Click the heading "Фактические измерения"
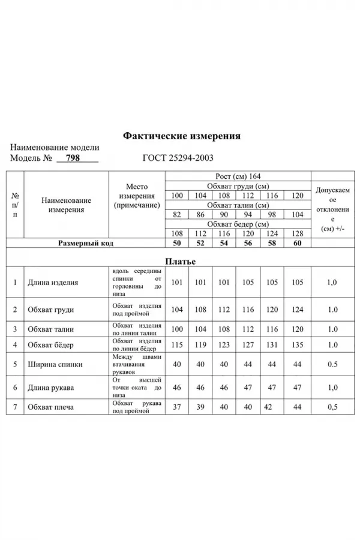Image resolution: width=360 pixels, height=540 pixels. pyautogui.click(x=181, y=136)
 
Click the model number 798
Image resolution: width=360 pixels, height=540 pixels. pyautogui.click(x=73, y=158)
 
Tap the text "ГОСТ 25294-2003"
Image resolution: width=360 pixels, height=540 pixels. pyautogui.click(x=178, y=158)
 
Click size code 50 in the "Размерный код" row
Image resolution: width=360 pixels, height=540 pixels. pyautogui.click(x=176, y=244)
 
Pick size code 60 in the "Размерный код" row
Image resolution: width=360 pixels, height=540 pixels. pyautogui.click(x=297, y=244)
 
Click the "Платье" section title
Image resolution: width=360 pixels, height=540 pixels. pyautogui.click(x=180, y=261)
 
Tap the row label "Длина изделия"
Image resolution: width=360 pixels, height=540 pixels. pyautogui.click(x=53, y=282)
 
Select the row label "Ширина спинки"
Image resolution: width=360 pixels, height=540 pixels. pyautogui.click(x=55, y=364)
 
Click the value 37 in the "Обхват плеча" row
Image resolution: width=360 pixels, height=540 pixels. pyautogui.click(x=176, y=407)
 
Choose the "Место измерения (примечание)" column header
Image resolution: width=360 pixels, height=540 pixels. pyautogui.click(x=136, y=196)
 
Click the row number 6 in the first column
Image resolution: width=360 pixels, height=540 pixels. pyautogui.click(x=14, y=388)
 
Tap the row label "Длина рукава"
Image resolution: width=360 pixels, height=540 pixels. pyautogui.click(x=52, y=388)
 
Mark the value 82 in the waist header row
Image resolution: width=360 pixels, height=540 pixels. pyautogui.click(x=176, y=215)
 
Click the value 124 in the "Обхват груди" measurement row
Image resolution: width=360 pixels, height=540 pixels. pyautogui.click(x=297, y=310)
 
